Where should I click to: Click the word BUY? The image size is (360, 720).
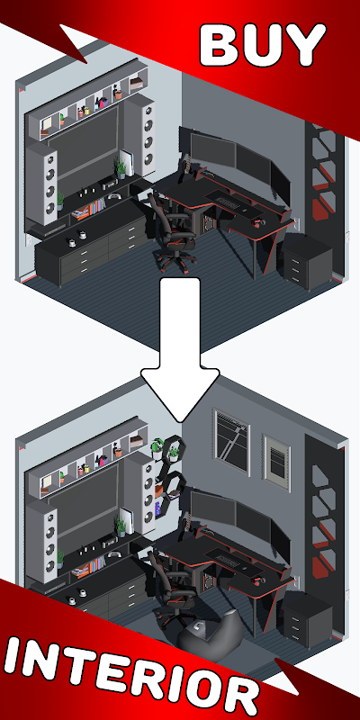pyautogui.click(x=263, y=46)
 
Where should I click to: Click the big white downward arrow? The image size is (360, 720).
pyautogui.click(x=180, y=349)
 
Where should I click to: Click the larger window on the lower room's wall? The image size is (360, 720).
pyautogui.click(x=231, y=441)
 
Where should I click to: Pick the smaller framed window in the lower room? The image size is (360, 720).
pyautogui.click(x=276, y=462)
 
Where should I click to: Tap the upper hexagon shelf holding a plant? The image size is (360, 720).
pyautogui.click(x=173, y=447)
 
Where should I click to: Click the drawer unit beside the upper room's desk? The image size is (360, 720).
pyautogui.click(x=308, y=261)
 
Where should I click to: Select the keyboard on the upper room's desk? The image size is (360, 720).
pyautogui.click(x=229, y=202)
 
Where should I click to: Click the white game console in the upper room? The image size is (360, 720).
pyautogui.click(x=128, y=163)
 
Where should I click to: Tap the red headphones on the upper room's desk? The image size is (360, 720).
pyautogui.click(x=256, y=223)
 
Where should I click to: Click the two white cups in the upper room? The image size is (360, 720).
pyautogui.click(x=77, y=238)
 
